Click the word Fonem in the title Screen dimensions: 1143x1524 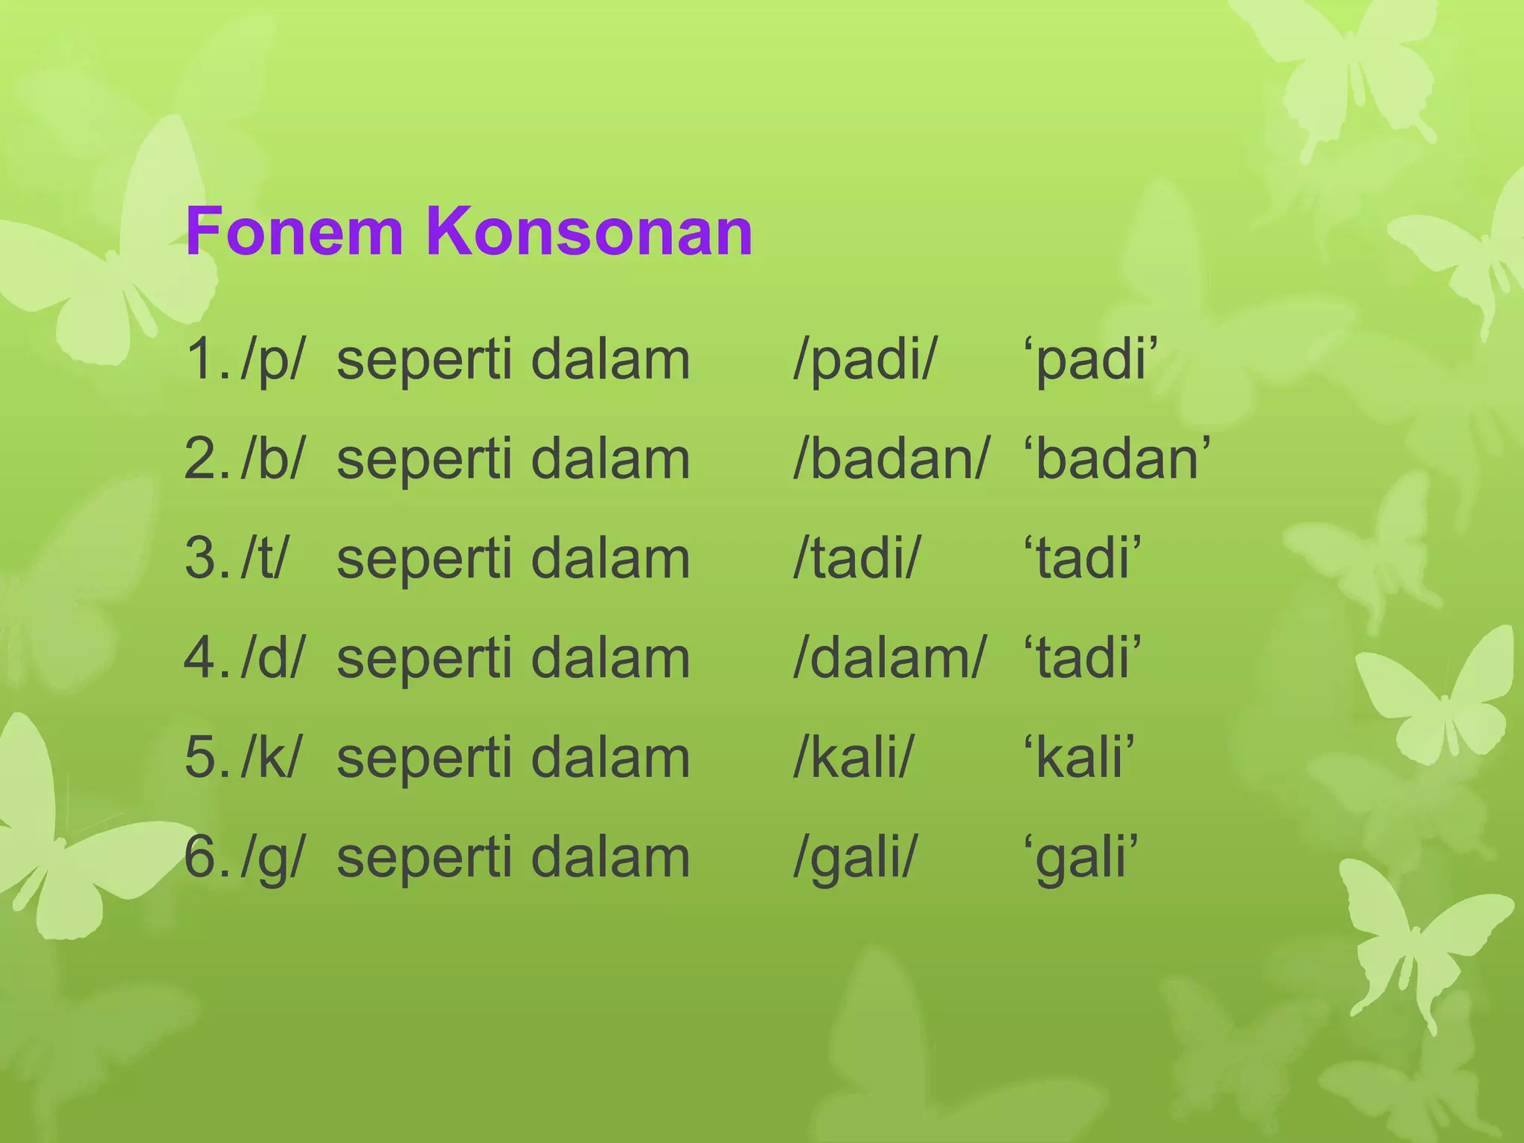click(x=294, y=232)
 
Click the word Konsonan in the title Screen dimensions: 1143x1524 click(x=589, y=232)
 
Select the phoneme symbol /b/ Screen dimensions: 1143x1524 click(x=272, y=460)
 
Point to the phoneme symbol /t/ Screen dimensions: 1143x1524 click(x=264, y=560)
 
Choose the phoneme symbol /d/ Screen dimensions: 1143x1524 click(x=272, y=659)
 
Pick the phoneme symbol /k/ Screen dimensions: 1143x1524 click(x=271, y=758)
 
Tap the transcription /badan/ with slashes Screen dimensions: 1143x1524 click(x=891, y=460)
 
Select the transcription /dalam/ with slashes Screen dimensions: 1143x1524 click(x=889, y=659)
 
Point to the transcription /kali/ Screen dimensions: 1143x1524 click(x=853, y=758)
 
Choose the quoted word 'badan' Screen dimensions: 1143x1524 click(x=1117, y=460)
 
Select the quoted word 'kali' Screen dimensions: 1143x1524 click(x=1079, y=758)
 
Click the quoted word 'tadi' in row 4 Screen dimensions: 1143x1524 click(x=1082, y=659)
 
